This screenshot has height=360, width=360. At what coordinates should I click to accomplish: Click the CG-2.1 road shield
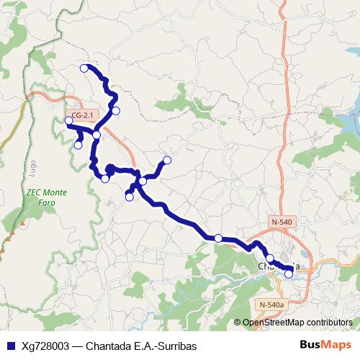pos(83,114)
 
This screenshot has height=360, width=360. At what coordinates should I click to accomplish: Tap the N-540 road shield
pos(282,221)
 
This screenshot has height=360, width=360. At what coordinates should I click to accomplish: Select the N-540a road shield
pos(271,305)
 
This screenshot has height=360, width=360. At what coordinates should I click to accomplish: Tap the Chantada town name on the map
pos(278,267)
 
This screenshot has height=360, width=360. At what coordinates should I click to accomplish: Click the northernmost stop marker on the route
pos(84,68)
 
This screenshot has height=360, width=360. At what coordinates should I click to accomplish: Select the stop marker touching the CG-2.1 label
pos(69,120)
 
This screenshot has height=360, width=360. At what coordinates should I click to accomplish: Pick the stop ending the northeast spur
pos(167,160)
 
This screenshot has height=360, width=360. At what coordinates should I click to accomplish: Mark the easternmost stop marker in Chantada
pos(289,274)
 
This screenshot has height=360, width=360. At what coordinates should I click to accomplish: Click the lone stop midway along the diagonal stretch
pos(218,238)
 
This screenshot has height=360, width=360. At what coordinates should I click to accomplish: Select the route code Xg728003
pos(46,346)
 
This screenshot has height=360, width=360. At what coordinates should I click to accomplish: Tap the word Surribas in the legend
pos(176,346)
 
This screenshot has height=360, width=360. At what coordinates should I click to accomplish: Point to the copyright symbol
pos(238,323)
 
